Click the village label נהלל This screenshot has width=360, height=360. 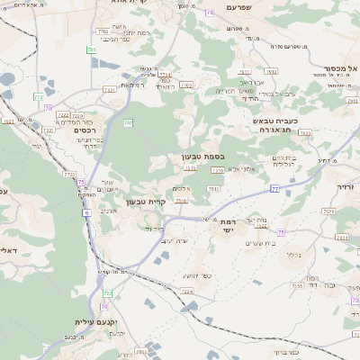pos(292,254)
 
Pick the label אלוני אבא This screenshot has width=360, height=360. pos(241,169)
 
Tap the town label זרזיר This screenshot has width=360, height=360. pos(346,185)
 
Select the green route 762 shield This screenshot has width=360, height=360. pos(128,122)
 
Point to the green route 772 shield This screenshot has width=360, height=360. pos(38,95)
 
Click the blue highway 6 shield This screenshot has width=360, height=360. pos(87,212)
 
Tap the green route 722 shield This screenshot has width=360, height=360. pos(107,293)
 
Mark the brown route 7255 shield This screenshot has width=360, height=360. pos(297,286)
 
